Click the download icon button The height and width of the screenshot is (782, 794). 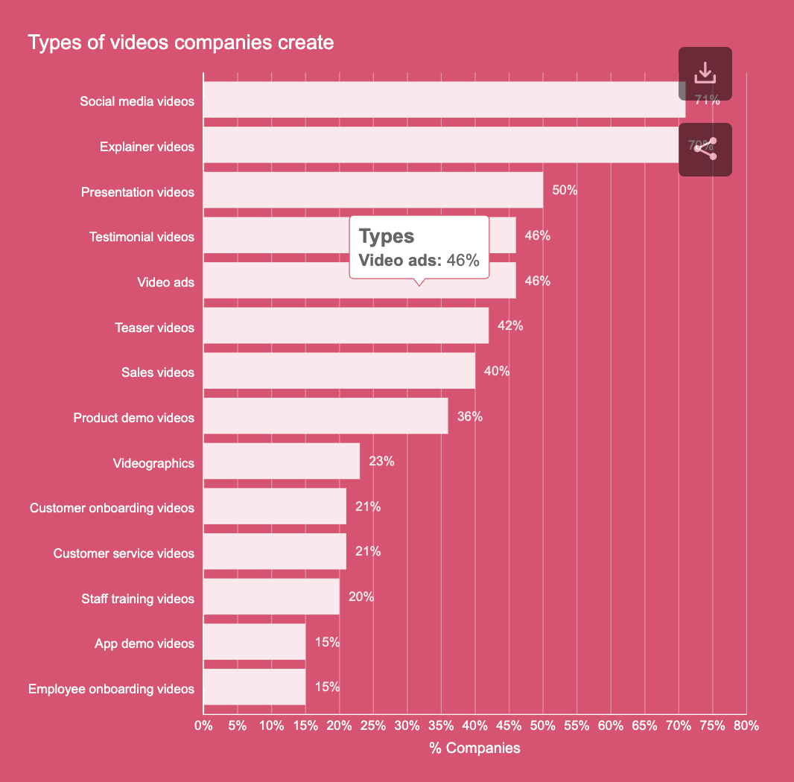(705, 74)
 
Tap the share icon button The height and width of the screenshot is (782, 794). (705, 149)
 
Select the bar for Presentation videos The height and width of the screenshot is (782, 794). (372, 191)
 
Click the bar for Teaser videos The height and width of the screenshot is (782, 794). (346, 326)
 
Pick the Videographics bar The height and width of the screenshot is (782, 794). (281, 462)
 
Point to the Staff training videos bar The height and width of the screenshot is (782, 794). (271, 597)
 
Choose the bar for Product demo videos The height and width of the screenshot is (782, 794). (325, 416)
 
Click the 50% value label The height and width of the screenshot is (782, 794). (565, 191)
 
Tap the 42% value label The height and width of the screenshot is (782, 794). (510, 326)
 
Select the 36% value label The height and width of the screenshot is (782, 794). (469, 416)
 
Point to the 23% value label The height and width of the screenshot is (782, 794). (381, 462)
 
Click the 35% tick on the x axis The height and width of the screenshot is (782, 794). (441, 725)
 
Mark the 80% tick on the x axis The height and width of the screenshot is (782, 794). (746, 725)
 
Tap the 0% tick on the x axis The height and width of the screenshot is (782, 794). (203, 725)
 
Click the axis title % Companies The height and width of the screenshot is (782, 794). (474, 748)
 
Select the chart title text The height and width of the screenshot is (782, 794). (180, 42)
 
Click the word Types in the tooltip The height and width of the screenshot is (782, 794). (386, 237)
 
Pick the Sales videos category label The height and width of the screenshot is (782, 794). (158, 372)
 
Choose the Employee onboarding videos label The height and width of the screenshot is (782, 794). (111, 689)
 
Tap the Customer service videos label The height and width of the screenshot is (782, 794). (124, 553)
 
